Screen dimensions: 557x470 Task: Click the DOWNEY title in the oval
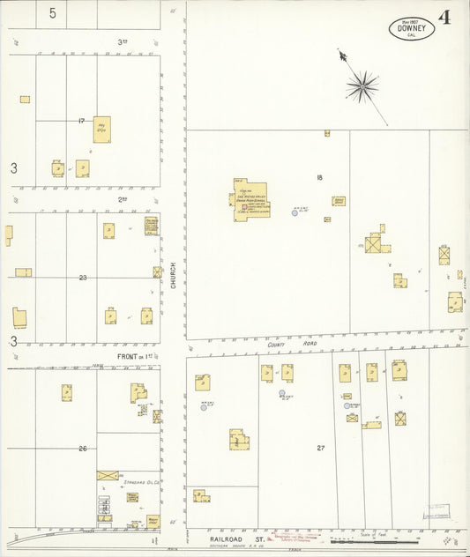410,28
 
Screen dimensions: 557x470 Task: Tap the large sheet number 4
445,18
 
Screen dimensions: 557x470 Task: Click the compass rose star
362,86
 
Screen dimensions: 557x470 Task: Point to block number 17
81,120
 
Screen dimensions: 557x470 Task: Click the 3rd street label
123,41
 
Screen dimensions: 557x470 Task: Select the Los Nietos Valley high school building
251,199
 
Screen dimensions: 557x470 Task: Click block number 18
319,177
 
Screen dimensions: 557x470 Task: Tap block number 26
82,449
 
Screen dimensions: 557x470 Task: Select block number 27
321,448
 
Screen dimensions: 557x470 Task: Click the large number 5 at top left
53,13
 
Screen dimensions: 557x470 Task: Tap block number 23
82,278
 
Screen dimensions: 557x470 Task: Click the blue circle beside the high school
295,212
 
